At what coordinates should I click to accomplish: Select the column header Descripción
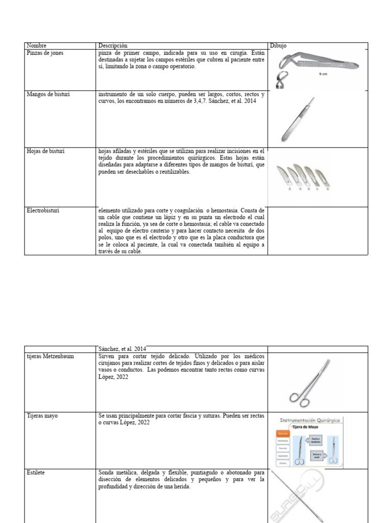click(113, 46)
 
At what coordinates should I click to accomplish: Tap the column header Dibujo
click(278, 46)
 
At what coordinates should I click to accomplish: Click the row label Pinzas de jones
click(45, 53)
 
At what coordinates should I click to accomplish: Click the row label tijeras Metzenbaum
click(50, 356)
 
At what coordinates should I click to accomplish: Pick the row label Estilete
click(36, 473)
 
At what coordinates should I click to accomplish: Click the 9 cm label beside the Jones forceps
click(323, 74)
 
